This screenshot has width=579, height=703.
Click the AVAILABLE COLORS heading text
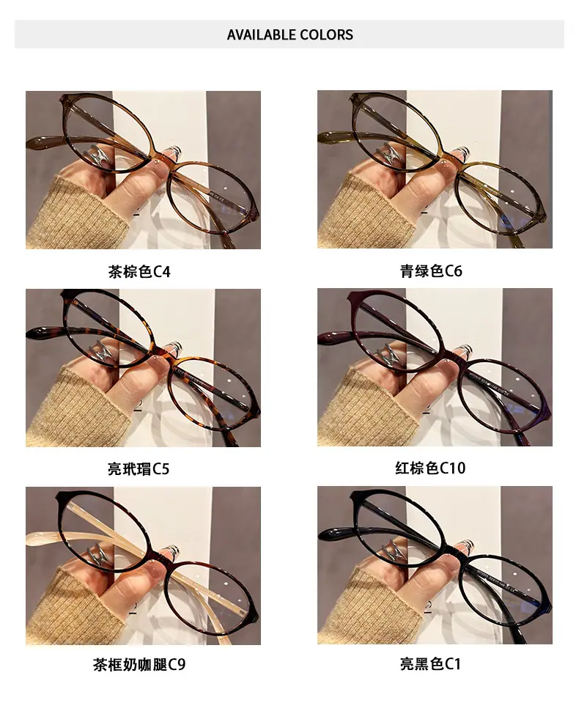(289, 34)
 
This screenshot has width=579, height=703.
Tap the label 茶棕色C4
(139, 272)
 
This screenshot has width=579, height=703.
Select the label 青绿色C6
(431, 270)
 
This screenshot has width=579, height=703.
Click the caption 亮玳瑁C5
(139, 469)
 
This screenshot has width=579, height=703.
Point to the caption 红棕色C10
(430, 468)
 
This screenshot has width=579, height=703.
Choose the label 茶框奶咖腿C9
(139, 664)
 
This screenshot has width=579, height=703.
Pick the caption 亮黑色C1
(430, 664)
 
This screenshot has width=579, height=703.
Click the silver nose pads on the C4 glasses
(99, 155)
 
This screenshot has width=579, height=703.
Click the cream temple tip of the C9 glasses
(43, 537)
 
